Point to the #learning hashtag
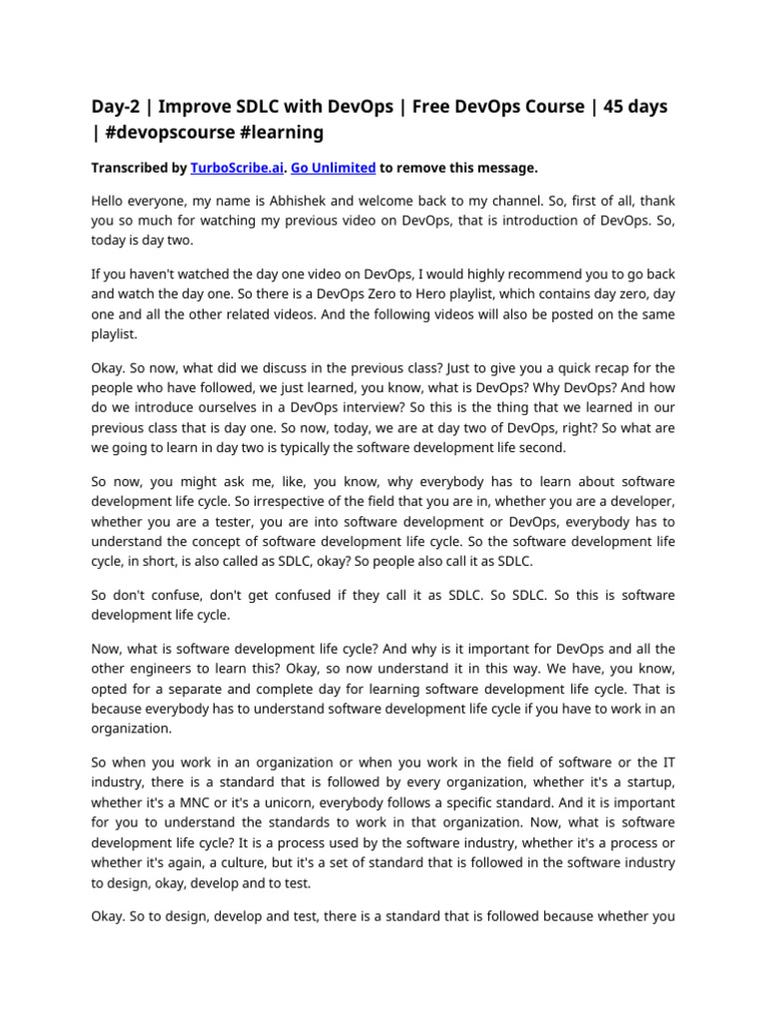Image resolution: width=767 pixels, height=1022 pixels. (x=289, y=132)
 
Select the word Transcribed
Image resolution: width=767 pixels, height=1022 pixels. (x=128, y=168)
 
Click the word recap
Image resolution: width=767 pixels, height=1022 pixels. (x=577, y=367)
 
